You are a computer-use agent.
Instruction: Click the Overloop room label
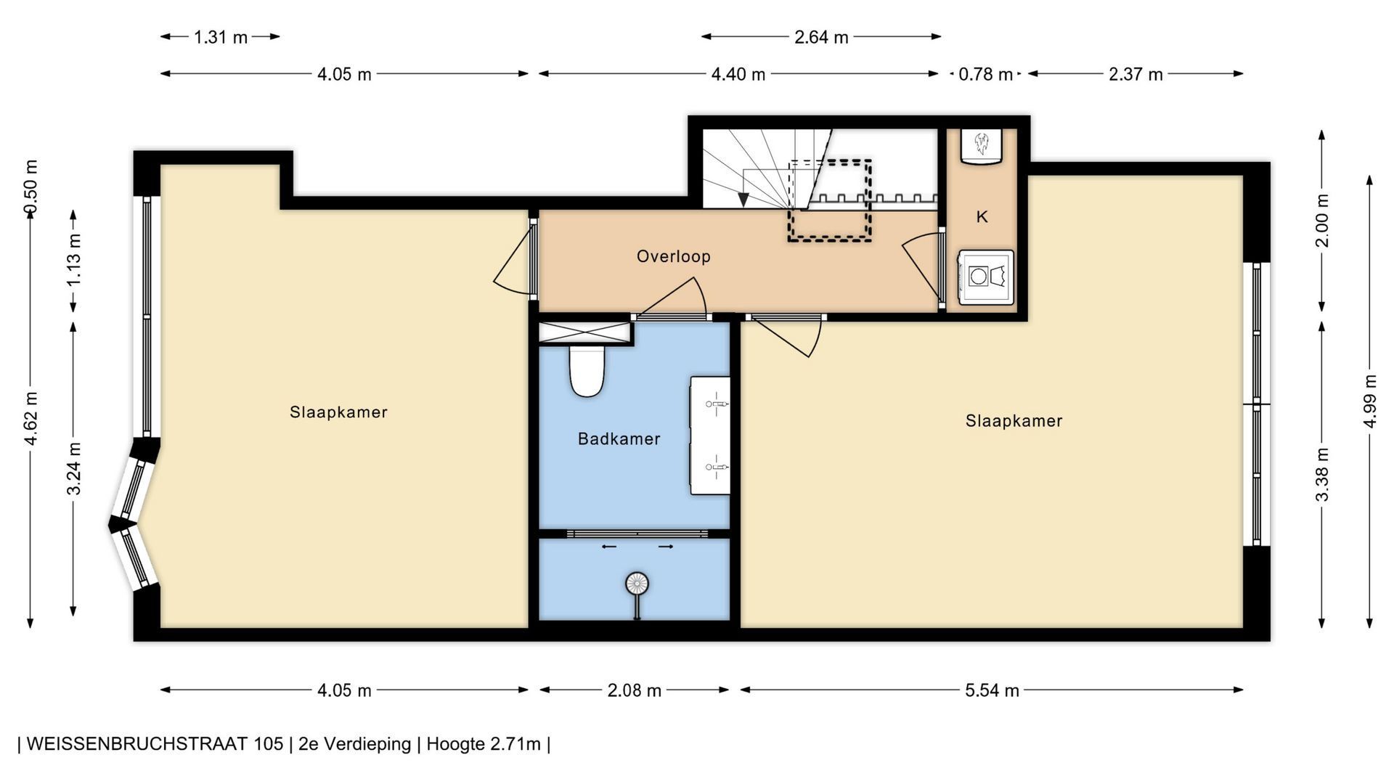pyautogui.click(x=673, y=256)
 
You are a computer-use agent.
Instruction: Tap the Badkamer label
pyautogui.click(x=619, y=438)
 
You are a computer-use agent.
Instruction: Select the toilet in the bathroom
pyautogui.click(x=587, y=371)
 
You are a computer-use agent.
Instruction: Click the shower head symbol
pyautogui.click(x=637, y=583)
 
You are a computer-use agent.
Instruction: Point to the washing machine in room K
pyautogui.click(x=985, y=277)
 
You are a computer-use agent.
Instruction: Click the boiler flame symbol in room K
pyautogui.click(x=982, y=143)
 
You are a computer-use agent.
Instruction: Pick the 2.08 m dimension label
pyautogui.click(x=634, y=690)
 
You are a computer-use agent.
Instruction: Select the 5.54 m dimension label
pyautogui.click(x=992, y=690)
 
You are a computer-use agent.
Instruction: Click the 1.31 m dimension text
pyautogui.click(x=221, y=37)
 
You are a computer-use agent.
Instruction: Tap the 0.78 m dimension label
pyautogui.click(x=985, y=74)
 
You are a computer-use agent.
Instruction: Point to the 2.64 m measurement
pyautogui.click(x=821, y=37)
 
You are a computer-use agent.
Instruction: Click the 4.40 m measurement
pyautogui.click(x=738, y=74)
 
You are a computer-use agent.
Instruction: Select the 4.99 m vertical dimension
pyautogui.click(x=1370, y=401)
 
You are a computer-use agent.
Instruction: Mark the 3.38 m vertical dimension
pyautogui.click(x=1322, y=474)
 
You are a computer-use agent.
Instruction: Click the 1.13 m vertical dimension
pyautogui.click(x=73, y=259)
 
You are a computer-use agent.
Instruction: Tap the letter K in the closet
pyautogui.click(x=982, y=216)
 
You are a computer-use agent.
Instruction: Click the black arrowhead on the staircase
pyautogui.click(x=743, y=199)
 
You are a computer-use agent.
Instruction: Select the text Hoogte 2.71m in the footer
pyautogui.click(x=484, y=744)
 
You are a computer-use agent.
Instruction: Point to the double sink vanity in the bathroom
pyautogui.click(x=710, y=436)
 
